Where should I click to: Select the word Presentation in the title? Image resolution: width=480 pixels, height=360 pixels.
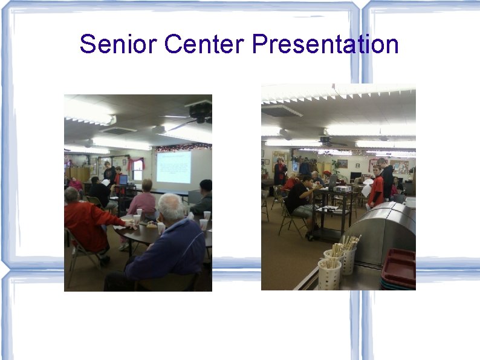[x=325, y=44]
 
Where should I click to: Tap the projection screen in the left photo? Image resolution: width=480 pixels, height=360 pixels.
[x=174, y=167]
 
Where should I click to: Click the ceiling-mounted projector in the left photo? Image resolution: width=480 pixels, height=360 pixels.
[x=199, y=110]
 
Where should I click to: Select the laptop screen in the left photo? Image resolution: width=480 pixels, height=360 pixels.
[x=123, y=179]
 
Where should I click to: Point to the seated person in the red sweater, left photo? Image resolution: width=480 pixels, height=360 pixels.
[x=87, y=224]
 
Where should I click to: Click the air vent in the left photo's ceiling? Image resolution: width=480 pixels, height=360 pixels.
[x=117, y=129]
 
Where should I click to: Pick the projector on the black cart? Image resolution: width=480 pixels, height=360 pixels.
[x=343, y=188]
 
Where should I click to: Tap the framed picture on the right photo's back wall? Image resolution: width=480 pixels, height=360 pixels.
[x=342, y=163]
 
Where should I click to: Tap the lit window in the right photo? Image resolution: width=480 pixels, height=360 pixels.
[x=295, y=165]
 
